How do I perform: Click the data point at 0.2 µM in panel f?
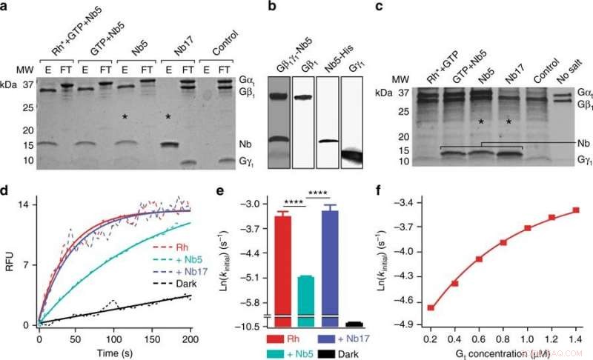(431, 307)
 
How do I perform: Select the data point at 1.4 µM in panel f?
(575, 210)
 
